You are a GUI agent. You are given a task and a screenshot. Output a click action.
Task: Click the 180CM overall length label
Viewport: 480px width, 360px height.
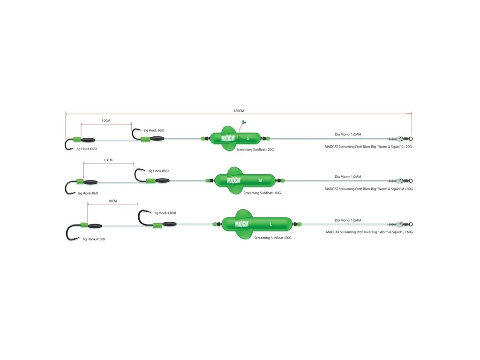click(239, 111)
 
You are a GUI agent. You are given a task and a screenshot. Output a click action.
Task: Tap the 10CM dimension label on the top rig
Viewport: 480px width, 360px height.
click(106, 120)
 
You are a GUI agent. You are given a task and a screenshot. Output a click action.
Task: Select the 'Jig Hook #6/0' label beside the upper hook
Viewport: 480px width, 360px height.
click(154, 130)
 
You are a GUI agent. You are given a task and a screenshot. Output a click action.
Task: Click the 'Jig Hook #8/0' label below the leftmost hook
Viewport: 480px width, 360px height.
click(88, 193)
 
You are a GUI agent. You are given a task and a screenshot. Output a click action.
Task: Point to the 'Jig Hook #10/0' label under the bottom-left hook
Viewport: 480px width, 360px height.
click(93, 239)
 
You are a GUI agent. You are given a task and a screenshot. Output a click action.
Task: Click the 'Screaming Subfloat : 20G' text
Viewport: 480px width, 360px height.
click(255, 150)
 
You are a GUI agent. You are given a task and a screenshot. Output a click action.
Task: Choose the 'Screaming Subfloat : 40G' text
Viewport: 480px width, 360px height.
click(262, 193)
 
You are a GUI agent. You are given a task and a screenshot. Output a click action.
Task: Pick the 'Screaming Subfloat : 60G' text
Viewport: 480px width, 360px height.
click(273, 238)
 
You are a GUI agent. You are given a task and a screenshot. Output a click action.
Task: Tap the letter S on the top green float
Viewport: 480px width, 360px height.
click(247, 138)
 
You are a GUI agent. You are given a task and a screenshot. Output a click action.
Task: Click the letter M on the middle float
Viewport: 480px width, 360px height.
click(260, 180)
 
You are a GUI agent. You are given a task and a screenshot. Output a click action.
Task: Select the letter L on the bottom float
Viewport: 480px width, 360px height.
click(270, 225)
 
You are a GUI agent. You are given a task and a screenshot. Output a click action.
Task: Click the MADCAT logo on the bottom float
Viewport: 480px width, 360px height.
click(242, 224)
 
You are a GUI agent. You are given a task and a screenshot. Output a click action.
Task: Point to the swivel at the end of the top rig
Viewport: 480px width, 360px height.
click(400, 139)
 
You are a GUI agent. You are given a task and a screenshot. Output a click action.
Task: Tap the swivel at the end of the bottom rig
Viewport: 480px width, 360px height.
click(400, 225)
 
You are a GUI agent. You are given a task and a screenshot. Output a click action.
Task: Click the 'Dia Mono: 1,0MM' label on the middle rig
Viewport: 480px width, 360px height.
click(348, 177)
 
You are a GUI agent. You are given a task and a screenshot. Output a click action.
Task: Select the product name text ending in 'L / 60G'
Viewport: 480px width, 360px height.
click(369, 232)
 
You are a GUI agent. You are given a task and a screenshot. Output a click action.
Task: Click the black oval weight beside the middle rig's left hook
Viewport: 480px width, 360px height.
click(90, 182)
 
